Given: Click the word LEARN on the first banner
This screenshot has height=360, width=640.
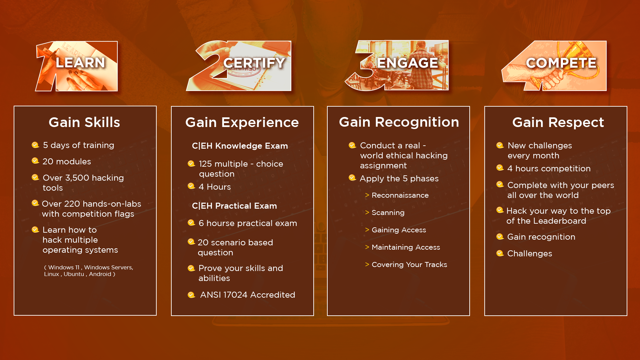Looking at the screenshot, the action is [x=80, y=63].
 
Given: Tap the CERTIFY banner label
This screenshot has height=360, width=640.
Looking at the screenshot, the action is [x=254, y=63].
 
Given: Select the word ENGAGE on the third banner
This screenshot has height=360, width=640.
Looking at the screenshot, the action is [x=407, y=63].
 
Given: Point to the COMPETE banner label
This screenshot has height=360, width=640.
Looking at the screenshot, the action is [x=561, y=63].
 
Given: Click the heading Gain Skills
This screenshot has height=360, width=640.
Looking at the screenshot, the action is [x=84, y=122].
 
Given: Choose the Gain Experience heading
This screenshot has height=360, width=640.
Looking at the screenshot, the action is [x=242, y=122].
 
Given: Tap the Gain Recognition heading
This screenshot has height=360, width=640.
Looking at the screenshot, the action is [x=399, y=122].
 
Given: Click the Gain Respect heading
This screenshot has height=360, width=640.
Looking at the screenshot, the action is [x=558, y=122].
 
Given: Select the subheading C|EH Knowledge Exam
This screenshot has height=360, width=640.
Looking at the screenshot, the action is [x=240, y=146].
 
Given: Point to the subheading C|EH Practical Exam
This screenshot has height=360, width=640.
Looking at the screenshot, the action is [x=234, y=206].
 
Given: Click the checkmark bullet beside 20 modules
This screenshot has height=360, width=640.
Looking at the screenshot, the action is [x=35, y=161].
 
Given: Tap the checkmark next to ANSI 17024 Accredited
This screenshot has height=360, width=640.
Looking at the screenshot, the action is [x=191, y=295].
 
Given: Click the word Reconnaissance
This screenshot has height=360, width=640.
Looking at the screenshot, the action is [x=400, y=195].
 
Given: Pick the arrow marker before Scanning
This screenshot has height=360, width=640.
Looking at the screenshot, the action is [x=367, y=212].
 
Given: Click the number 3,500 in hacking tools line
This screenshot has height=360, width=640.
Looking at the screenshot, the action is [x=77, y=178].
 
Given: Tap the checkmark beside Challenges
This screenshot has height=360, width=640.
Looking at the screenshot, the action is [x=500, y=253].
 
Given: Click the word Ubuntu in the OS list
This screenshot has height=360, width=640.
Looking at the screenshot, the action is [x=74, y=274].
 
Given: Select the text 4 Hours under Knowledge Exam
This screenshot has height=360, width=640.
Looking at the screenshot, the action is [x=215, y=187].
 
